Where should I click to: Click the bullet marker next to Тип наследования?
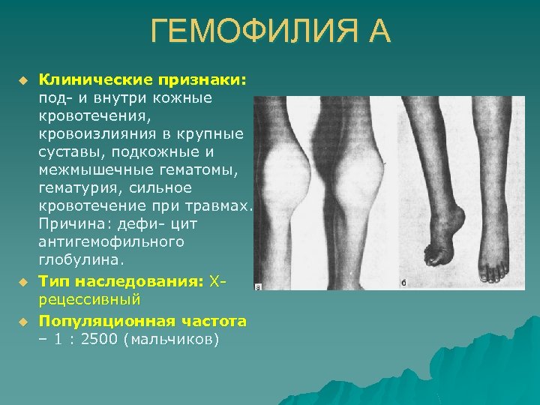(23, 281)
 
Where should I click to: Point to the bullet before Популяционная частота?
(23, 321)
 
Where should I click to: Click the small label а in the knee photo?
(259, 286)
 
